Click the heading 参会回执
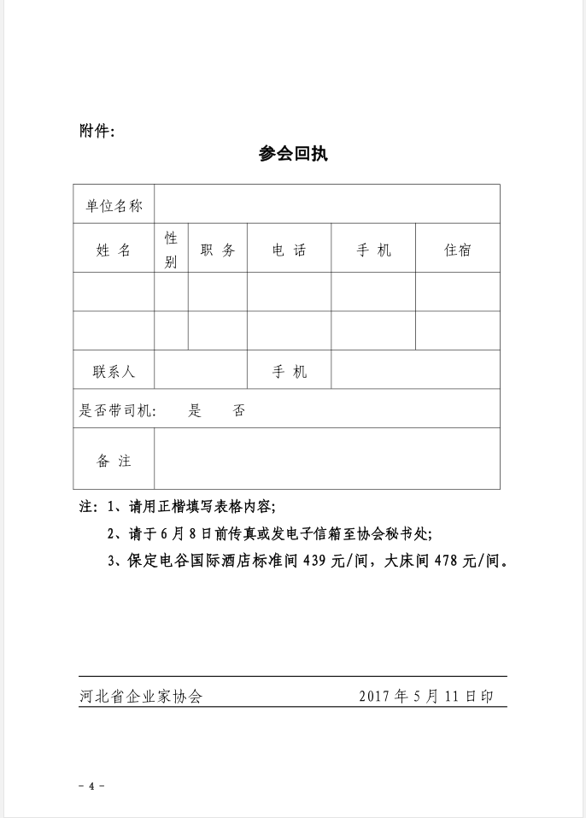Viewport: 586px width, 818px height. pyautogui.click(x=293, y=155)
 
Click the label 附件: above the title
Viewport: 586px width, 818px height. pyautogui.click(x=97, y=131)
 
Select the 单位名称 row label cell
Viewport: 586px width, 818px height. pyautogui.click(x=114, y=205)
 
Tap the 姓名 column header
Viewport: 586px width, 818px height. pyautogui.click(x=114, y=250)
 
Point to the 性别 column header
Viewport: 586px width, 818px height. pyautogui.click(x=171, y=250)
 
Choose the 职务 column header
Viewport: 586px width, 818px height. pyautogui.click(x=217, y=250)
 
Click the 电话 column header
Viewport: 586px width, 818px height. pyautogui.click(x=289, y=250)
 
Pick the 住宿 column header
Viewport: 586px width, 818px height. pyautogui.click(x=457, y=250)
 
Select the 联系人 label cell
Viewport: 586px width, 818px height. pyautogui.click(x=114, y=372)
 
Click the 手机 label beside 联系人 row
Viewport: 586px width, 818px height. pyautogui.click(x=289, y=372)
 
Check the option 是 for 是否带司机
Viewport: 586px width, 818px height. pyautogui.click(x=195, y=410)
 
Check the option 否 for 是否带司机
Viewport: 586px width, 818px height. pyautogui.click(x=239, y=410)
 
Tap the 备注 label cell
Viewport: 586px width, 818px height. pyautogui.click(x=114, y=460)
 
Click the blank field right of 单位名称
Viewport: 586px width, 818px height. pyautogui.click(x=326, y=205)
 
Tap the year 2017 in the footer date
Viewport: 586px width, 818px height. pyautogui.click(x=374, y=696)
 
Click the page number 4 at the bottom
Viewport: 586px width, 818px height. pyautogui.click(x=91, y=786)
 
